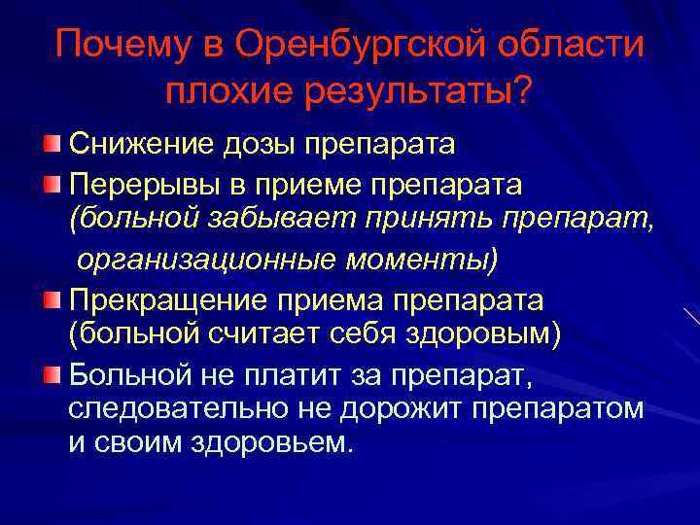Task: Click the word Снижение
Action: [x=131, y=145]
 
